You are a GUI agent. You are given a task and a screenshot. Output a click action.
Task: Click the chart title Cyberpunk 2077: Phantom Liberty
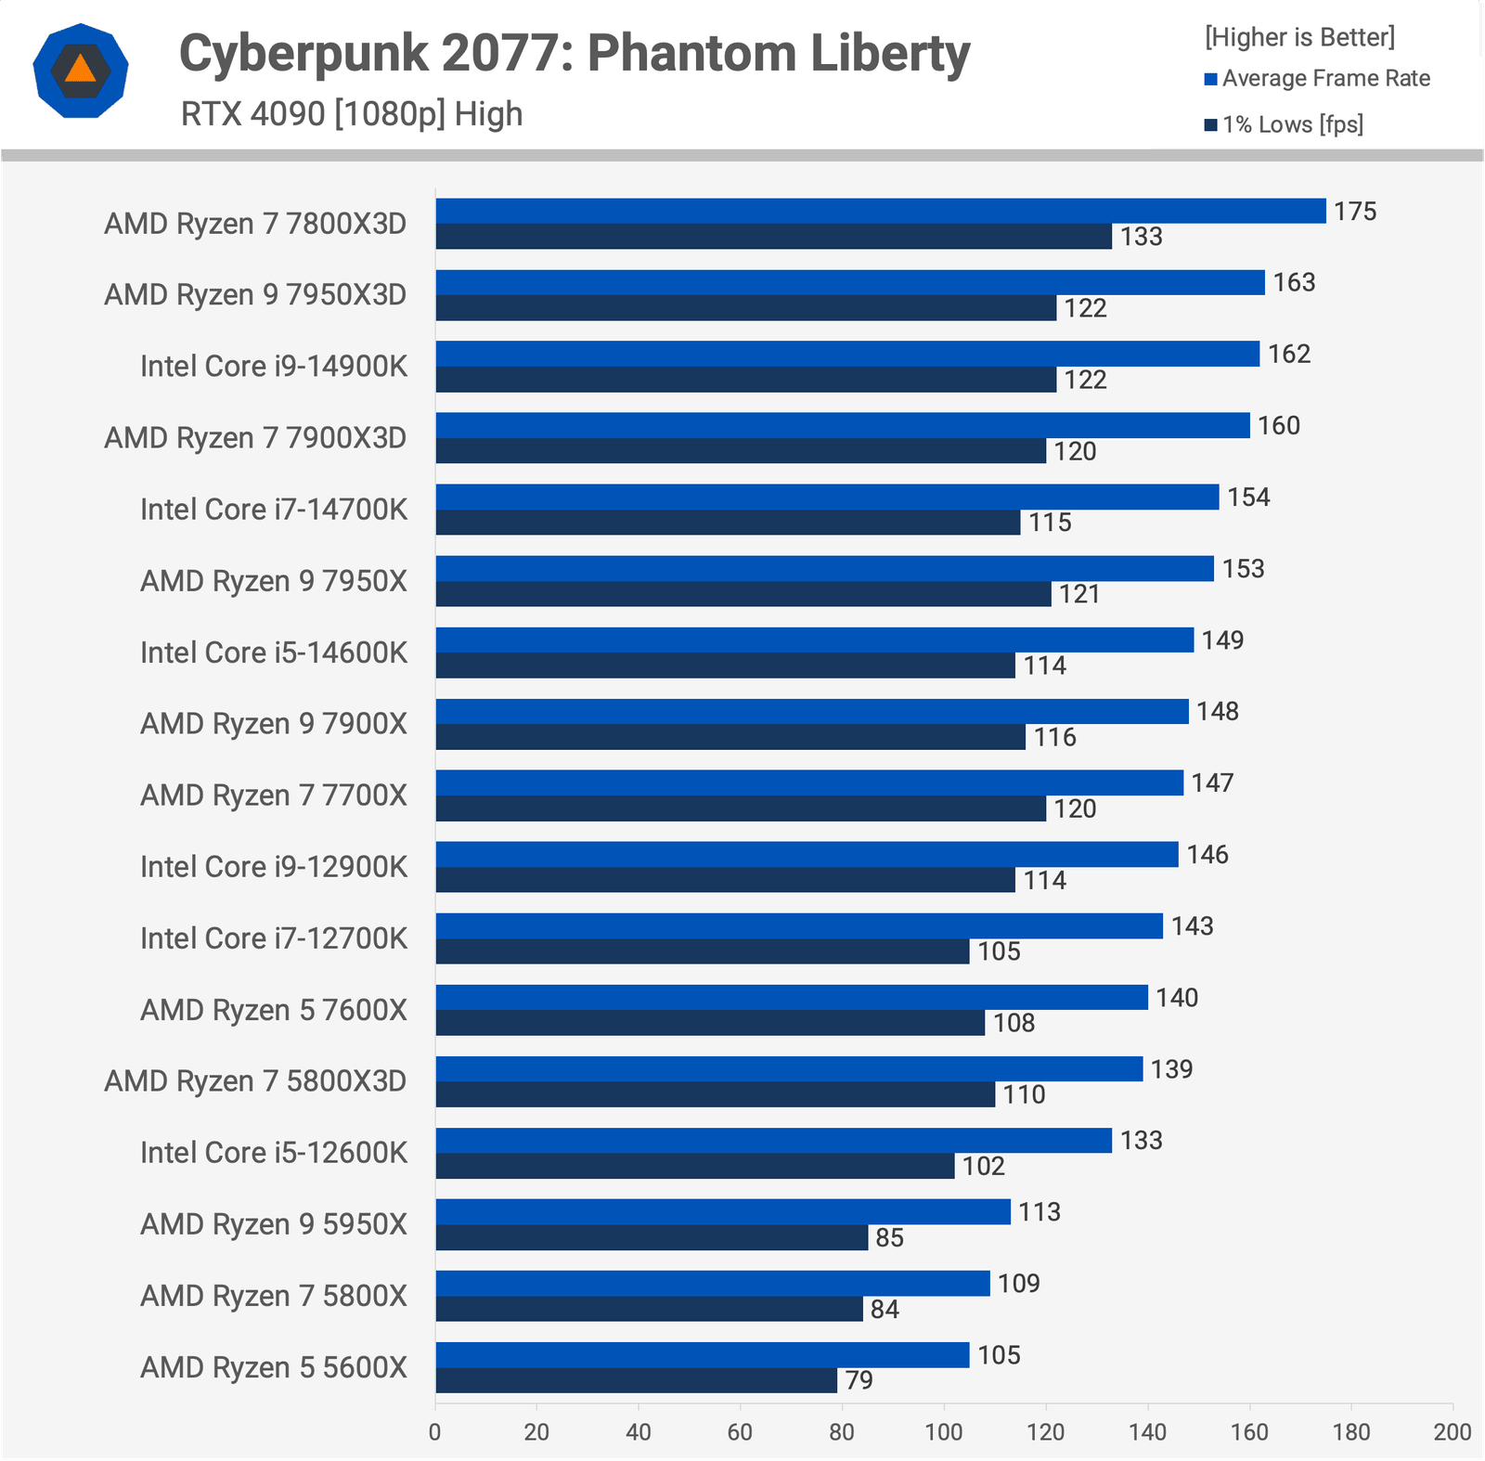point(574,53)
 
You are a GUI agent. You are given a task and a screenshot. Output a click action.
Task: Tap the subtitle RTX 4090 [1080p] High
point(352,114)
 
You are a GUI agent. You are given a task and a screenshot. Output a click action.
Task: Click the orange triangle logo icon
point(81,71)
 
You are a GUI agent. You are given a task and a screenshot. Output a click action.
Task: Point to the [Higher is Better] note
point(1299,37)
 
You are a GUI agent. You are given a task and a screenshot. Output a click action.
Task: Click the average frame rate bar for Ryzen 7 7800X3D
point(880,211)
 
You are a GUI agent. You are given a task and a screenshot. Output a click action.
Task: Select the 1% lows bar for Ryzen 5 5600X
point(636,1380)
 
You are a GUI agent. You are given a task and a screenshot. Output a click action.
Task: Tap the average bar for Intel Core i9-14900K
point(846,354)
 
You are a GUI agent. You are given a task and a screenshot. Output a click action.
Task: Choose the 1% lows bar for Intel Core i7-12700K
point(702,951)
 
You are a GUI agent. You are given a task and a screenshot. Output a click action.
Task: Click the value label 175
point(1355,212)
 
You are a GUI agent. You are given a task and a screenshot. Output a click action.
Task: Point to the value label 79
point(859,1380)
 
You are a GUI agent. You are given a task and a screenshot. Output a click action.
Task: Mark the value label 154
point(1248,498)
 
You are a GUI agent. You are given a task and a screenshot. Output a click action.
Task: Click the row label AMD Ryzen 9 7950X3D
point(255,295)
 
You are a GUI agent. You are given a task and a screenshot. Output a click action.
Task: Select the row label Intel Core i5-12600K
point(274,1153)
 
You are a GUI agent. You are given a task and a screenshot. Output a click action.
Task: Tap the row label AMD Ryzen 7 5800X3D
point(255,1081)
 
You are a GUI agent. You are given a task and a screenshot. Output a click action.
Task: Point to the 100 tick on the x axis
point(944,1432)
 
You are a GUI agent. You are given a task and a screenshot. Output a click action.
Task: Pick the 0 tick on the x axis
point(435,1432)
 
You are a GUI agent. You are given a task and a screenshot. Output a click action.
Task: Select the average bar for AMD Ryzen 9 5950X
point(722,1211)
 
